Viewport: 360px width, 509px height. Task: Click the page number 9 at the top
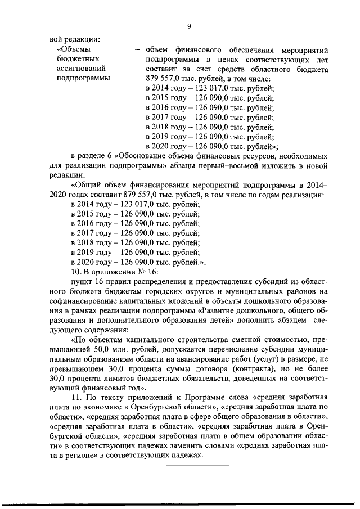coord(189,26)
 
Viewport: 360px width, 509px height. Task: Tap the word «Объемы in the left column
coord(73,49)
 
